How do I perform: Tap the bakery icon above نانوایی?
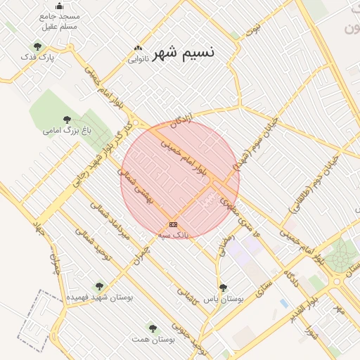pos(139,49)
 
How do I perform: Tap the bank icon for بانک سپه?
pos(174,224)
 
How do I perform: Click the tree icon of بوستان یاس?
pos(223,287)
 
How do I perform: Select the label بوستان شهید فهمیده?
pos(100,297)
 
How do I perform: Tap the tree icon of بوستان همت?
pos(153,328)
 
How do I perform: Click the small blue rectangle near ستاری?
pos(283,303)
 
